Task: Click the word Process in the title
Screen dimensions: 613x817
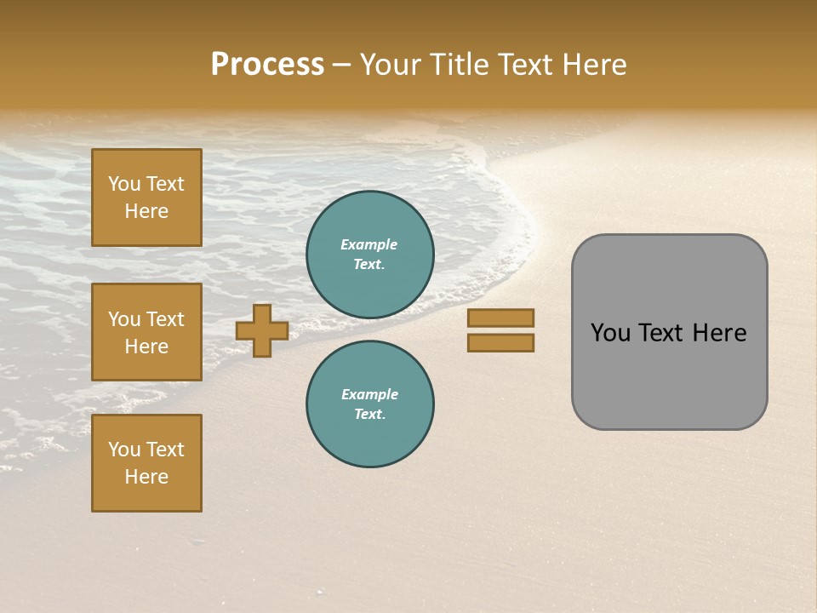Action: tap(267, 65)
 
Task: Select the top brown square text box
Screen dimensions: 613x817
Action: tap(146, 198)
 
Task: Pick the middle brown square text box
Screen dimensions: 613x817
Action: tap(146, 332)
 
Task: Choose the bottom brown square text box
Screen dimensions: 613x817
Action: tap(146, 463)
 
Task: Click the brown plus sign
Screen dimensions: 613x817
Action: tap(262, 330)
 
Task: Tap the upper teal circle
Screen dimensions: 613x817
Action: tap(370, 255)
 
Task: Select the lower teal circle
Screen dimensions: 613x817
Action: tap(370, 404)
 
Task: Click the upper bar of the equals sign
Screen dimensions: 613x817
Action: tap(501, 318)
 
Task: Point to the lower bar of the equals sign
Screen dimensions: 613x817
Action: tap(501, 343)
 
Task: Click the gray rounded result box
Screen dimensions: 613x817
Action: tap(669, 332)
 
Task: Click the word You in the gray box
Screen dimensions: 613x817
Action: tap(610, 333)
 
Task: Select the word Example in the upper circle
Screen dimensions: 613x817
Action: tap(369, 244)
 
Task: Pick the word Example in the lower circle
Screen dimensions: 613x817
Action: tap(369, 394)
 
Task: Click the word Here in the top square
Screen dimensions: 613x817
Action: tap(146, 211)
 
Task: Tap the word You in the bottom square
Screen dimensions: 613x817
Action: tap(123, 450)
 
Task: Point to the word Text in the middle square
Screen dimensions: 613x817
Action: tap(164, 319)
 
